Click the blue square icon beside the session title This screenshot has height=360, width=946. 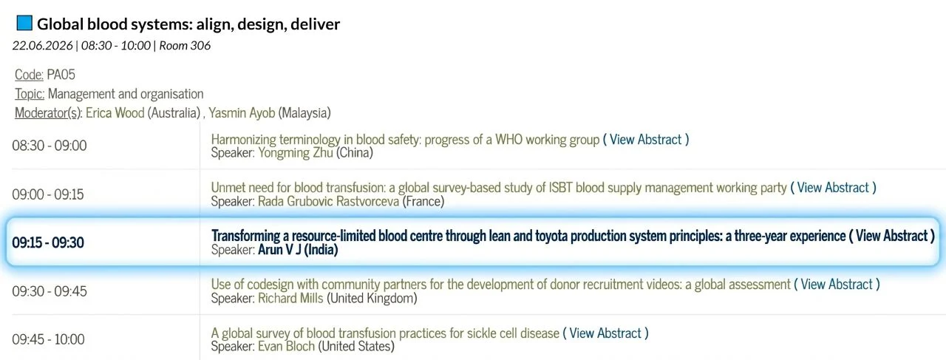coord(24,23)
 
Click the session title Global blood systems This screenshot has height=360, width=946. coord(188,24)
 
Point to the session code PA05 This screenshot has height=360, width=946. coord(61,74)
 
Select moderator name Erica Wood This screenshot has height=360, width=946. coord(115,113)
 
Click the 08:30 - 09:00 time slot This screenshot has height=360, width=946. coord(50,146)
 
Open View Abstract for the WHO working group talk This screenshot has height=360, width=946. coord(646,139)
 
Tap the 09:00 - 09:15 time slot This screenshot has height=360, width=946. coord(48,194)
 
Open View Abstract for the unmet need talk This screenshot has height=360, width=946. coord(833,188)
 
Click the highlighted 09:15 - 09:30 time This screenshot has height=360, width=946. coord(48,242)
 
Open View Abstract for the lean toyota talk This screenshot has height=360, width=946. coord(891,236)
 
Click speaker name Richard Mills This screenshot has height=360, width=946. coord(290,299)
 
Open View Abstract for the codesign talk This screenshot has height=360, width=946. coord(837,285)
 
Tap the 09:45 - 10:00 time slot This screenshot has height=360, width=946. coord(48,339)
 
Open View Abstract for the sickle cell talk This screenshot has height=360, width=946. coord(605,333)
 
